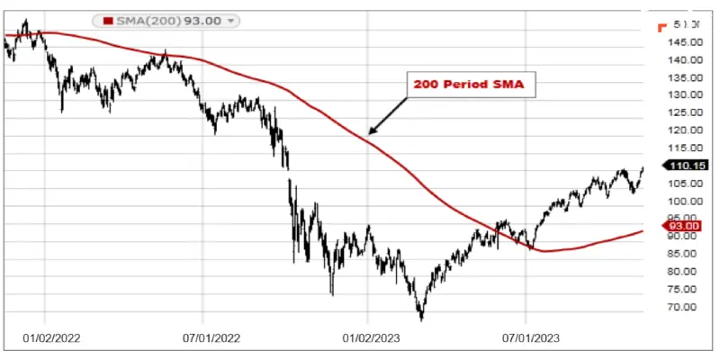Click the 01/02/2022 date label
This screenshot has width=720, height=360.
(50, 339)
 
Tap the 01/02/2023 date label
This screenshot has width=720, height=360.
(373, 339)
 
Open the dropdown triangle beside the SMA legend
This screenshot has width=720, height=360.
(231, 20)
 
